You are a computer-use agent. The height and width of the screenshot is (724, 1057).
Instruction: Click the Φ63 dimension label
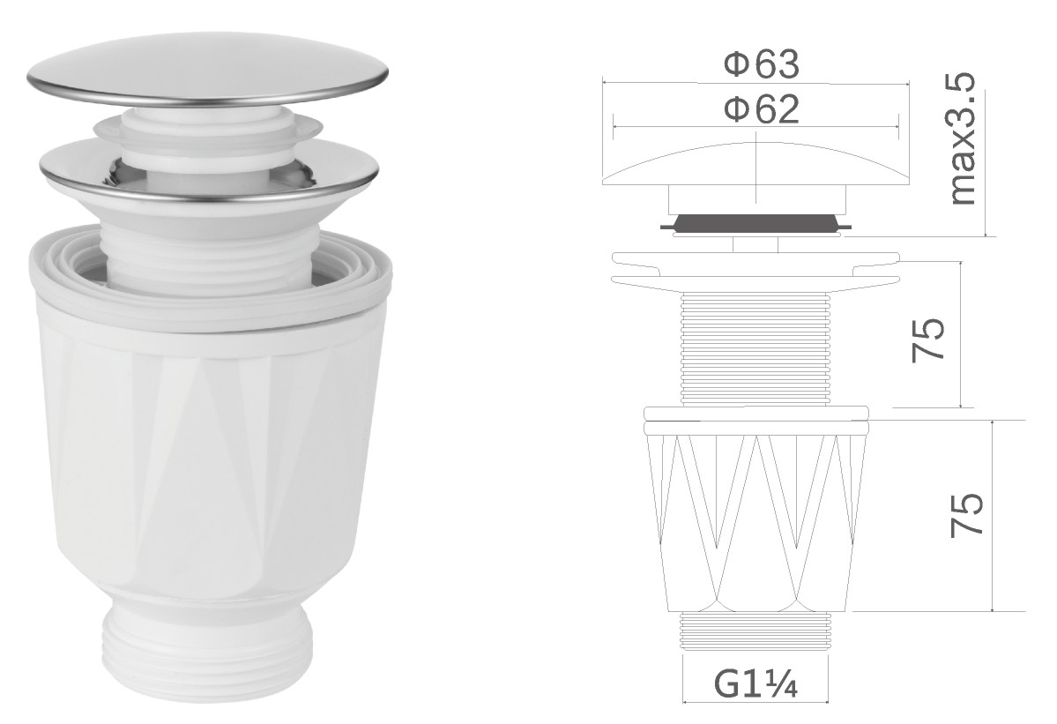click(x=762, y=64)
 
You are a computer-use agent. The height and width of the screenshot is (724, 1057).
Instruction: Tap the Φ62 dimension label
click(x=762, y=109)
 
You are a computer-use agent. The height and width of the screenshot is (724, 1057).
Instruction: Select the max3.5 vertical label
click(x=961, y=138)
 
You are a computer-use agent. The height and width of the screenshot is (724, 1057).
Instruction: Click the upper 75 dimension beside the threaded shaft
click(x=928, y=340)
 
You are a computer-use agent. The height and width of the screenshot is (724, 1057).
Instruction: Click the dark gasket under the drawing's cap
click(x=756, y=224)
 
